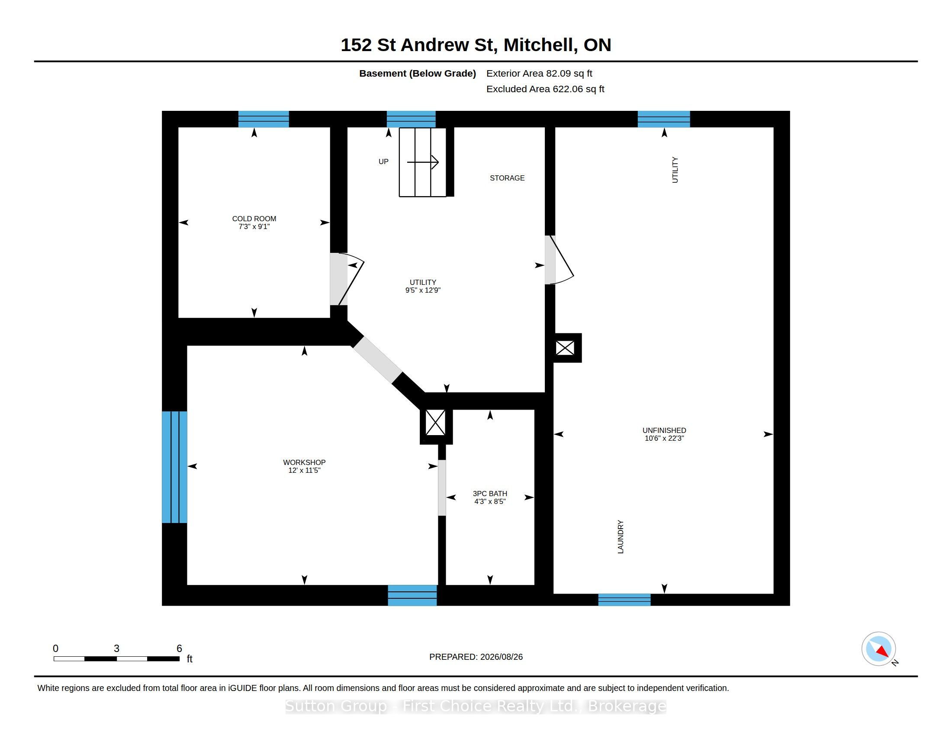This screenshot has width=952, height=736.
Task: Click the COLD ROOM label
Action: pos(254,219)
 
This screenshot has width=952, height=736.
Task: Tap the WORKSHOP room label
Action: pos(304,462)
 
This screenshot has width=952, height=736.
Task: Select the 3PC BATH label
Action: pos(490,494)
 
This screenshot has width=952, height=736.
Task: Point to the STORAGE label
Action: pos(507,178)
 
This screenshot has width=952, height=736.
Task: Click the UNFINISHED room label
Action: pos(664,430)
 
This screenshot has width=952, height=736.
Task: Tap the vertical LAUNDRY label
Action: pos(621,537)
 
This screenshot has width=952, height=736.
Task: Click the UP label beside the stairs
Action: pos(383,161)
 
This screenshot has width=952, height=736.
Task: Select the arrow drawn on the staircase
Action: pos(423,162)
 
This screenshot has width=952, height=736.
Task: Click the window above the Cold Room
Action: pos(263,119)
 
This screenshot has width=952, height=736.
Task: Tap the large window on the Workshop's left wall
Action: pos(174,467)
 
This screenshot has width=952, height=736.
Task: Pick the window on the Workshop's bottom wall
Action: pos(412,595)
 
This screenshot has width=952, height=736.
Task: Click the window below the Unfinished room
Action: pos(624,600)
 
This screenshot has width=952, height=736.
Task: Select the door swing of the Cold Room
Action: pos(351,279)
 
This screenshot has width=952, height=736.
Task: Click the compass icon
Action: pos(878,649)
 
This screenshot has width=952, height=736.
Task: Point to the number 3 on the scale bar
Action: pos(116,649)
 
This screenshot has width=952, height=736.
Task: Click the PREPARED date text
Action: pos(476,657)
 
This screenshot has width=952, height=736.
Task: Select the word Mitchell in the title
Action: pos(541,45)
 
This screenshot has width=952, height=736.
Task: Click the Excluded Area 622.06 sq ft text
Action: pos(545,89)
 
